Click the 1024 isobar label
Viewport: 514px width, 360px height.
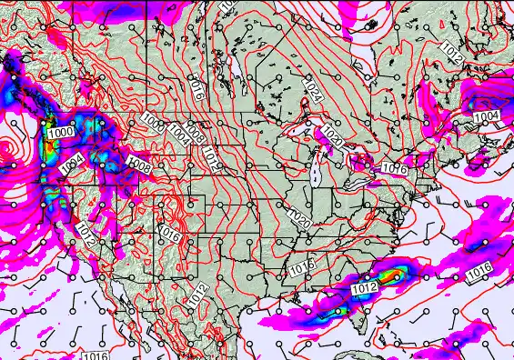point(311,91)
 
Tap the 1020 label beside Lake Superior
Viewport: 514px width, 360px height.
point(331,138)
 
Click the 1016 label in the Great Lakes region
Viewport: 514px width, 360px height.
point(393,168)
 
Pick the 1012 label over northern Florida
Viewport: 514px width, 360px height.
point(363,289)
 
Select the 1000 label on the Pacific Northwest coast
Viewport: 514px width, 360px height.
point(60,134)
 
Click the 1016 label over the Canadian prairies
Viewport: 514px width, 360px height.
point(196,87)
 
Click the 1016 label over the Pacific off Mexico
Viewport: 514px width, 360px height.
point(95,354)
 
